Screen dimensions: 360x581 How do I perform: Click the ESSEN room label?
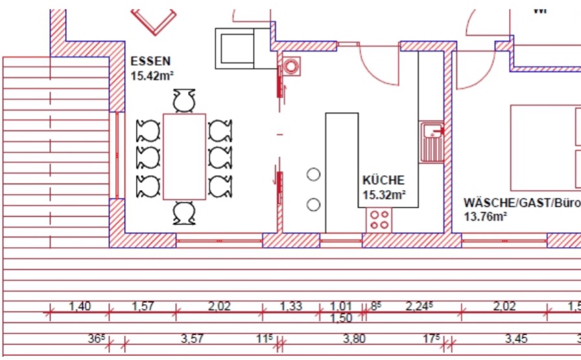pos(150,62)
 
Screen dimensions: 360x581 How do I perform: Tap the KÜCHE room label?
pos(383,180)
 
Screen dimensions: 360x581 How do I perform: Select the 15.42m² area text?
pos(151,75)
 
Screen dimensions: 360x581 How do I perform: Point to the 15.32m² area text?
pos(385,194)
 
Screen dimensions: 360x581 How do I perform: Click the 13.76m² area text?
pos(485,217)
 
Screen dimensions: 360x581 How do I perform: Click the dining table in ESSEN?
pos(185,156)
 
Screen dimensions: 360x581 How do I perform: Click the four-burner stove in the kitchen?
pos(379,220)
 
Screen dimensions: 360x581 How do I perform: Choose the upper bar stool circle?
pos(314,174)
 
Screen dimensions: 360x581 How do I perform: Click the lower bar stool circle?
pos(314,205)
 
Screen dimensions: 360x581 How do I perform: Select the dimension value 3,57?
pos(192,338)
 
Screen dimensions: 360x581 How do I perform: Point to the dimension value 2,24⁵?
pos(419,306)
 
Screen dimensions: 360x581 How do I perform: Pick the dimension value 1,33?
pos(291,306)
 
